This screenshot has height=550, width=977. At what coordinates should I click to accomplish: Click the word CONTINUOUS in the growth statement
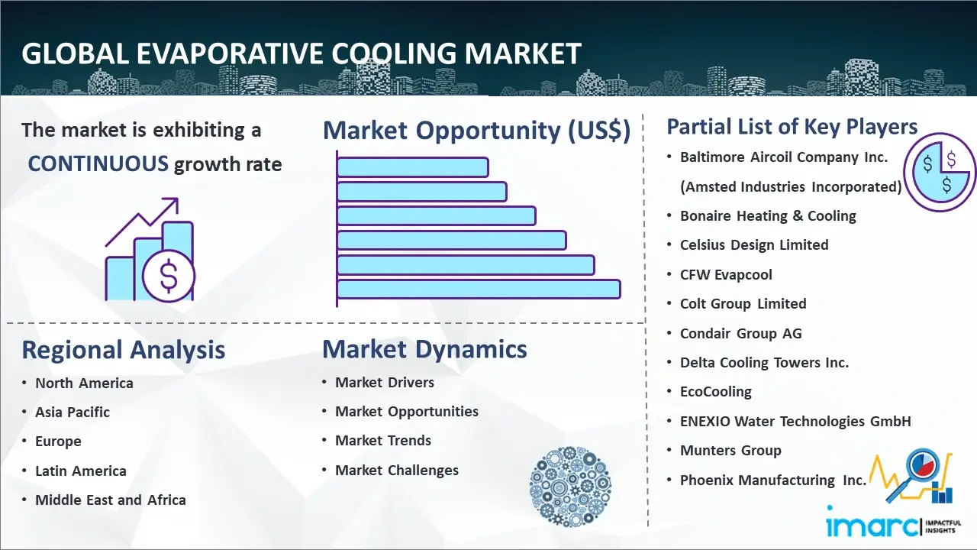pos(98,164)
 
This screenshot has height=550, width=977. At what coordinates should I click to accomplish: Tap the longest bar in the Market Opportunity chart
pos(479,290)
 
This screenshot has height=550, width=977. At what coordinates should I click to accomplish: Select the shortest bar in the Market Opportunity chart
pos(413,167)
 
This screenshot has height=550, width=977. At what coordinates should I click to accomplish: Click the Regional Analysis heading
pos(124,350)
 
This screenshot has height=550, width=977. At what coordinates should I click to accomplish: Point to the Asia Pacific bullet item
pos(73,412)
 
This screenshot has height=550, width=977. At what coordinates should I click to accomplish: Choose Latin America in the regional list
pos(81,471)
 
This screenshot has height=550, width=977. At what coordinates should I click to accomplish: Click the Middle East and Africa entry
pos(111,500)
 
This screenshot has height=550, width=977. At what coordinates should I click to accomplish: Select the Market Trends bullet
pos(383,441)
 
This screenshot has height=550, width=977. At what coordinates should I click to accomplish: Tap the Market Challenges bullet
pos(397,470)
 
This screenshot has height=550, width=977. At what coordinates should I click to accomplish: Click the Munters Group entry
pos(730,451)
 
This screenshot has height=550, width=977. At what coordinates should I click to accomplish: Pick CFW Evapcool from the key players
pos(726,274)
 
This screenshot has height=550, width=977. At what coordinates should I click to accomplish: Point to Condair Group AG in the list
pos(741,334)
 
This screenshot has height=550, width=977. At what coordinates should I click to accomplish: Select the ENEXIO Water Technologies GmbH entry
pos(795,421)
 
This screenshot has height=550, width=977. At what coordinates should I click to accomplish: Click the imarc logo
pos(893,524)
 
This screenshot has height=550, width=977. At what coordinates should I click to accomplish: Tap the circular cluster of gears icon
pos(570,487)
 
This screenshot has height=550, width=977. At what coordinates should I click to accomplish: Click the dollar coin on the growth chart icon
pos(169,277)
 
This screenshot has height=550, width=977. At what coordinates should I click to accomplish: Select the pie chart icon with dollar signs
pos(940,172)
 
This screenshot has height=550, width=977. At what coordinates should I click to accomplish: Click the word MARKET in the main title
pos(523,53)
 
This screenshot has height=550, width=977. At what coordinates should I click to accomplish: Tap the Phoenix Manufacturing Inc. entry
pos(773,480)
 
